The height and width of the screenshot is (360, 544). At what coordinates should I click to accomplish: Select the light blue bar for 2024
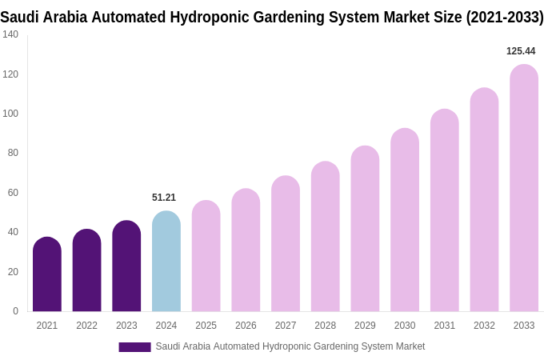[x=166, y=262]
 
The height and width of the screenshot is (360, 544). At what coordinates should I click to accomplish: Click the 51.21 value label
[x=164, y=198]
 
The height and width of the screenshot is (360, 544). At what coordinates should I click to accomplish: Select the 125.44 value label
[x=521, y=51]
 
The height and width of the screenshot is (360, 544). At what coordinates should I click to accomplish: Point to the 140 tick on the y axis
[x=10, y=34]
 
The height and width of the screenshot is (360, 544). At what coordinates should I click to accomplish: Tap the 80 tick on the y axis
[x=13, y=153]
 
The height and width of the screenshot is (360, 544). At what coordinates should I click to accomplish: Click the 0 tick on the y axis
[x=15, y=311]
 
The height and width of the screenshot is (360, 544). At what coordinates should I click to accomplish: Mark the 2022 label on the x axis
[x=86, y=326]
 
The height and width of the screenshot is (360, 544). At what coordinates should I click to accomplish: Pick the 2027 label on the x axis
[x=286, y=326]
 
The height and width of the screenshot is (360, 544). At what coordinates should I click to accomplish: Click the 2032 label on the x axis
[x=484, y=326]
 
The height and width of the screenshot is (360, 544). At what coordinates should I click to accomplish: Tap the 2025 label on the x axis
[x=206, y=326]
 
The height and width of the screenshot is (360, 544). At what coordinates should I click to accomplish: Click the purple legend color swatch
[x=134, y=347]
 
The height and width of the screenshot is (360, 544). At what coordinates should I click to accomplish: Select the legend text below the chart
[x=290, y=346]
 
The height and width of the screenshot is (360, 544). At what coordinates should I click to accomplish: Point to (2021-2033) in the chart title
[x=505, y=17]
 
